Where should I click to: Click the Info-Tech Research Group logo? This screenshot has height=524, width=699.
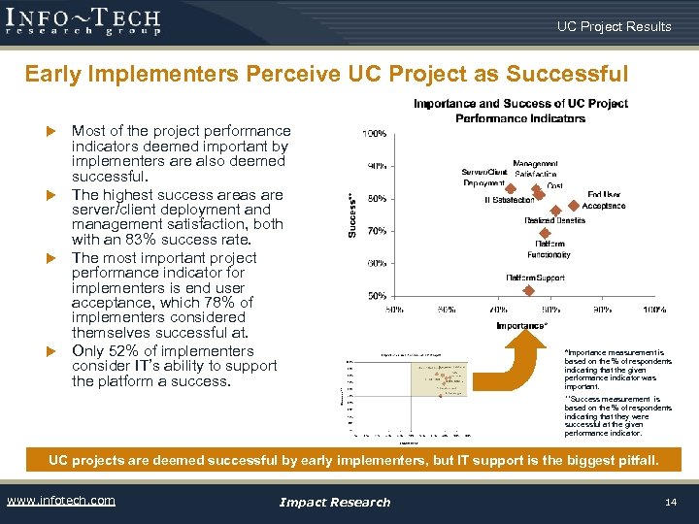click(x=83, y=20)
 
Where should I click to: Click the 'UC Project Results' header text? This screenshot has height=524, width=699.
click(x=614, y=26)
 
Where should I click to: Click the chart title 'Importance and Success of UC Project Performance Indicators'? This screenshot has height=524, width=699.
click(x=520, y=111)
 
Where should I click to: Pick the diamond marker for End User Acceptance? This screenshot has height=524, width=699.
click(x=574, y=205)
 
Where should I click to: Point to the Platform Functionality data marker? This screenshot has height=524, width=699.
click(x=546, y=233)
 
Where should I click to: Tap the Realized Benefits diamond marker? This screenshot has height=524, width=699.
click(x=555, y=210)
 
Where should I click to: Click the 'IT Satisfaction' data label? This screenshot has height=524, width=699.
click(x=510, y=201)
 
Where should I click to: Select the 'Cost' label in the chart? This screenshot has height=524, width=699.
click(x=554, y=185)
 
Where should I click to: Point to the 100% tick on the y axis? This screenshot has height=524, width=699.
click(x=375, y=133)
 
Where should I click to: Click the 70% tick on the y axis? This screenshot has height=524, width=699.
click(x=376, y=231)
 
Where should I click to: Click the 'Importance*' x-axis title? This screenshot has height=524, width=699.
click(x=521, y=326)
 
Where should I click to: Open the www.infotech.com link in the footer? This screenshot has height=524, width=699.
click(x=60, y=501)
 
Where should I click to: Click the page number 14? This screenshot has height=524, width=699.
click(x=670, y=502)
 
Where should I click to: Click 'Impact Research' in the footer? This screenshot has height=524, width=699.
click(x=334, y=502)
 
